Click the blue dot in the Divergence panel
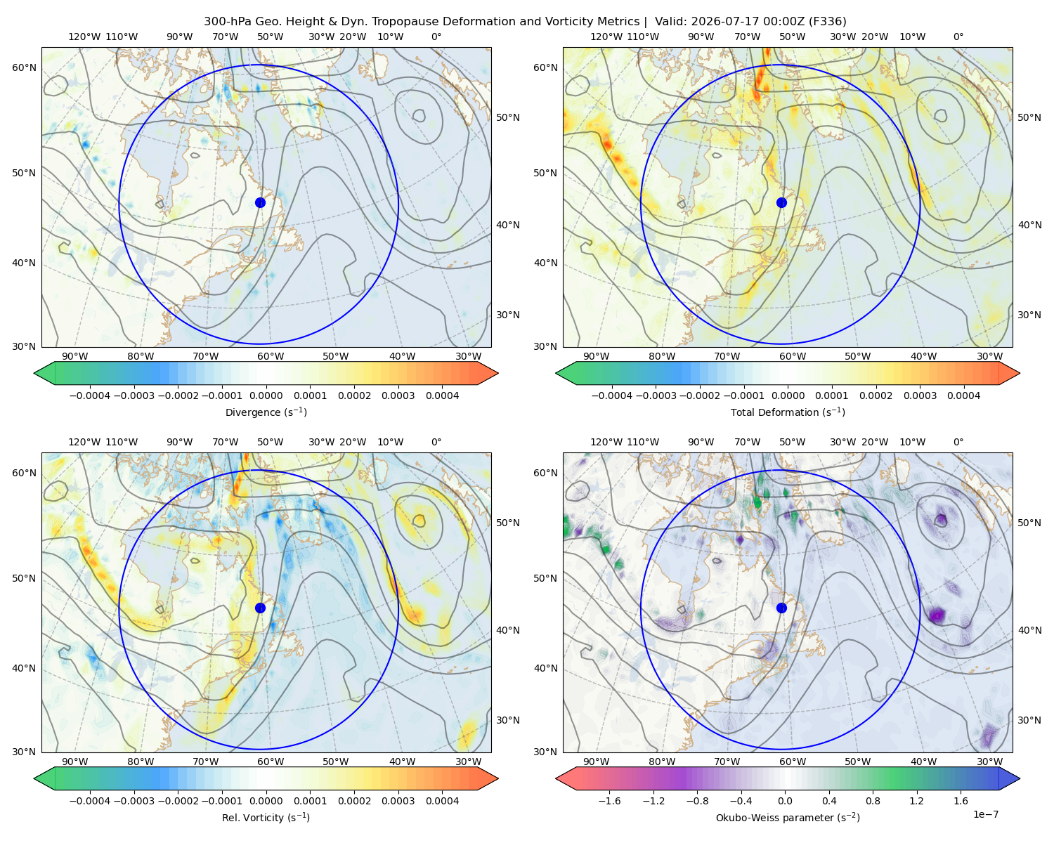coord(260,203)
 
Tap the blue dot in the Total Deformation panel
coord(781,203)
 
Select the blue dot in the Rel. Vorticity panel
coord(260,608)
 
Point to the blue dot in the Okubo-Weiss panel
coord(781,608)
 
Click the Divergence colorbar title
coord(266,412)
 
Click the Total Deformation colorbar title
coord(788,412)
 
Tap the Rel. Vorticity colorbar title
coord(266,818)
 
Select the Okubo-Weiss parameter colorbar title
coord(788,818)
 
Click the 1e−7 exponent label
coord(985,814)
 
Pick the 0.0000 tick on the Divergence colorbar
coord(266,396)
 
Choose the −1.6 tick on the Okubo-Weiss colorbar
coord(609,801)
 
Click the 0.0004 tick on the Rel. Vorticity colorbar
coord(442,801)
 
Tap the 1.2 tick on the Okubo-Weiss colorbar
coord(916,801)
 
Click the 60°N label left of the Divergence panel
coord(24,67)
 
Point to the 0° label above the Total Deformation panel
coord(958,37)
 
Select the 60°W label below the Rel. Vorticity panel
coord(271,762)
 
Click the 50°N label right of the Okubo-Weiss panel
coord(1029,523)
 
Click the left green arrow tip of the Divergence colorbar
coord(34,373)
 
